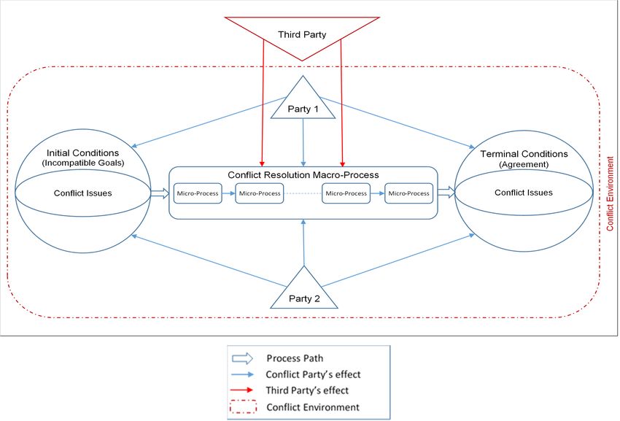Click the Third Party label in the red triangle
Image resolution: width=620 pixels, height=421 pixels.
click(x=302, y=35)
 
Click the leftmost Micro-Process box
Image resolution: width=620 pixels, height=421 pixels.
click(x=198, y=193)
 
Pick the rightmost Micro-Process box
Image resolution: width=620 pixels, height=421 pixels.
click(x=409, y=193)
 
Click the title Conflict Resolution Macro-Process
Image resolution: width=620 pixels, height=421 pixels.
click(x=303, y=175)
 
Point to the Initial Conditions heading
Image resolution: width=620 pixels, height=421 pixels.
click(x=82, y=152)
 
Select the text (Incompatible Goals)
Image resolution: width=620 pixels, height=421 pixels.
click(x=83, y=163)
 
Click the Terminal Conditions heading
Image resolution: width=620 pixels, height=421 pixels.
click(x=524, y=154)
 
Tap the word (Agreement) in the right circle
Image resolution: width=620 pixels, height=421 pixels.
click(x=524, y=164)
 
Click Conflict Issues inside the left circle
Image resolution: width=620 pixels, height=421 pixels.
click(x=82, y=193)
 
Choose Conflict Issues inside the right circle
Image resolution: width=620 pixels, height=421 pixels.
click(x=524, y=193)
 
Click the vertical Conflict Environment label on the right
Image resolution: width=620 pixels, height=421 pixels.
click(x=610, y=194)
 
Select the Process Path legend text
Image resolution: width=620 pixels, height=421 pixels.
click(x=295, y=358)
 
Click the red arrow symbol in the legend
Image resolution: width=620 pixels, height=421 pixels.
click(x=242, y=390)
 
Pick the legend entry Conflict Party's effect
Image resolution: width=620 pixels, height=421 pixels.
click(x=313, y=374)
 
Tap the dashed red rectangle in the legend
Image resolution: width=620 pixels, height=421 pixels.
click(x=243, y=406)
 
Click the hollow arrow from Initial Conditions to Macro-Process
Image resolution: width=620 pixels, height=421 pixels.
click(x=160, y=193)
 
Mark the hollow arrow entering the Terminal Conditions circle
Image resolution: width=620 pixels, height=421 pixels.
click(x=446, y=193)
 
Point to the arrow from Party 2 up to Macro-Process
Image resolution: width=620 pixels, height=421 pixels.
click(x=303, y=242)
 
